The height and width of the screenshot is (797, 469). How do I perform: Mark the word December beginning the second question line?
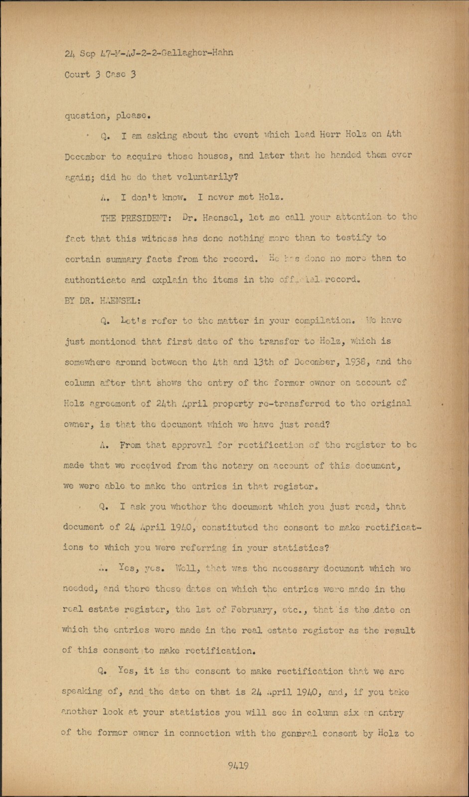pos(85,156)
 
